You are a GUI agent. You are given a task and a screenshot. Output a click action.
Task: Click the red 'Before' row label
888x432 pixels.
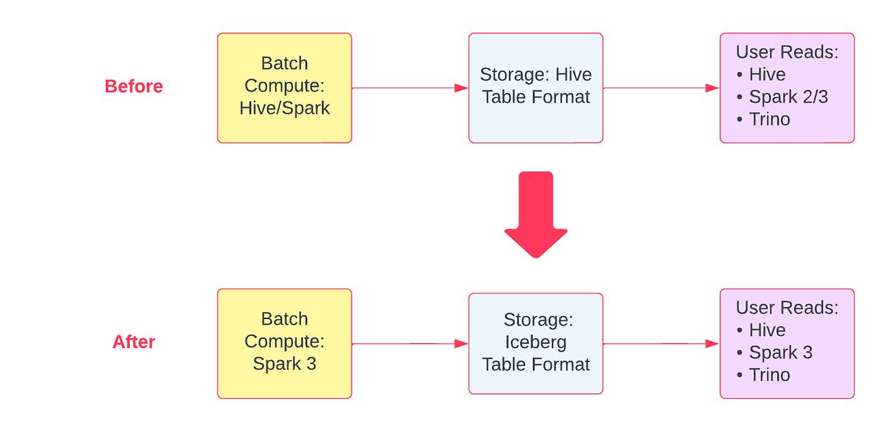click(133, 86)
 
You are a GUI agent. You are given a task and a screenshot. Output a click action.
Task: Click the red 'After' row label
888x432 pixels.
click(133, 342)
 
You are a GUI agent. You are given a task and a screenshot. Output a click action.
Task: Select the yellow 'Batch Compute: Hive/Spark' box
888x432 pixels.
click(284, 88)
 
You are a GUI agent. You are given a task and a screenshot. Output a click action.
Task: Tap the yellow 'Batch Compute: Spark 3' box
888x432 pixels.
click(284, 343)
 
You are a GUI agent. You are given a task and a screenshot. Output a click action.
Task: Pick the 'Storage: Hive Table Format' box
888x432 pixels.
click(536, 88)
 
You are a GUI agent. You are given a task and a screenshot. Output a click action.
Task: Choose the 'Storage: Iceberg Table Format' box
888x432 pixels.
click(536, 343)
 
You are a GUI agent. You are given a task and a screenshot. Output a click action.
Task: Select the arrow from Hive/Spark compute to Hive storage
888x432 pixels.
click(409, 88)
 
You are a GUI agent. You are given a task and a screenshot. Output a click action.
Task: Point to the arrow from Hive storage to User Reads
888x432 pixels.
click(660, 88)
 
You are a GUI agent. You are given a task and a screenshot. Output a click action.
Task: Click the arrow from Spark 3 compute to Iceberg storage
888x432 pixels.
click(409, 344)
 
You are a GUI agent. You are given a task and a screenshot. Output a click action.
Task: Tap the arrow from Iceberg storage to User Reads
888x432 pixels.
click(660, 344)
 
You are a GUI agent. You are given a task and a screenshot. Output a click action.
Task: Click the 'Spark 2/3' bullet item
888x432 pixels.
click(787, 97)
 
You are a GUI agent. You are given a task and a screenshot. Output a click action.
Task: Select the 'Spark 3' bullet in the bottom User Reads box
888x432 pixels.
click(780, 352)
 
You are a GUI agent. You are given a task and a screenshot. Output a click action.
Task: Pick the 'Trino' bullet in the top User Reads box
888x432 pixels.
click(769, 119)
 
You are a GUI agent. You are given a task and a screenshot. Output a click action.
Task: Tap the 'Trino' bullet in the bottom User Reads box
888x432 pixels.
click(769, 375)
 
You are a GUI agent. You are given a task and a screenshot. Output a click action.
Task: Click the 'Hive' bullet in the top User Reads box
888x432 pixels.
click(767, 74)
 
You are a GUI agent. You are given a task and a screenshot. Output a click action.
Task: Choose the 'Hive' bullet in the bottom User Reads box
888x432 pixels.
click(767, 330)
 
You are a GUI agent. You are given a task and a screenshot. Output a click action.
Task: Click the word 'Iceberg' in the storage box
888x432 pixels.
click(536, 342)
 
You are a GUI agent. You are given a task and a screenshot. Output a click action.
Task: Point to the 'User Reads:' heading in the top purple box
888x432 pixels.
click(787, 52)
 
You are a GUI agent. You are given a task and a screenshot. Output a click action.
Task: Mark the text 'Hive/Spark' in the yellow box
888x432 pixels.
click(284, 108)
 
